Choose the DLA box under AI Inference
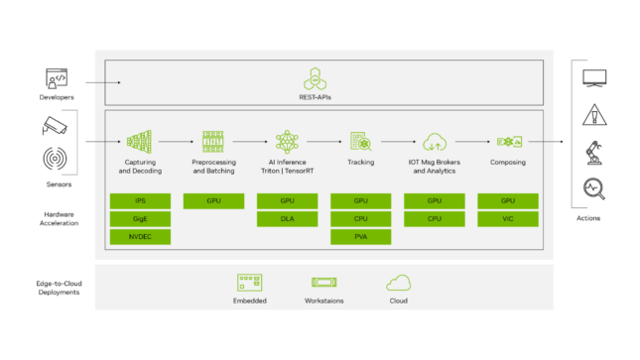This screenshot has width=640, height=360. (286, 218)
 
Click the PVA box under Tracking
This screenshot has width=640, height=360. (360, 236)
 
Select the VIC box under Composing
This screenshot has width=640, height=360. (508, 218)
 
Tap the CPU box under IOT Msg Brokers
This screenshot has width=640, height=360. (435, 218)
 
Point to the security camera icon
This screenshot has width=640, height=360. (55, 126)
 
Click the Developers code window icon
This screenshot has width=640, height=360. (56, 77)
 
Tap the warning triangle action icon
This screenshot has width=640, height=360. (594, 113)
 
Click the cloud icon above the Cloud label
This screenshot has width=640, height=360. (399, 282)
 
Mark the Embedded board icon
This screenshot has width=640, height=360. (250, 282)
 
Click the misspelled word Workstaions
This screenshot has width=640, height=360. (324, 300)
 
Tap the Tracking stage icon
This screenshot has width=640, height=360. (360, 142)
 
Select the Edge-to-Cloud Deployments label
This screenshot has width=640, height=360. (57, 287)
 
